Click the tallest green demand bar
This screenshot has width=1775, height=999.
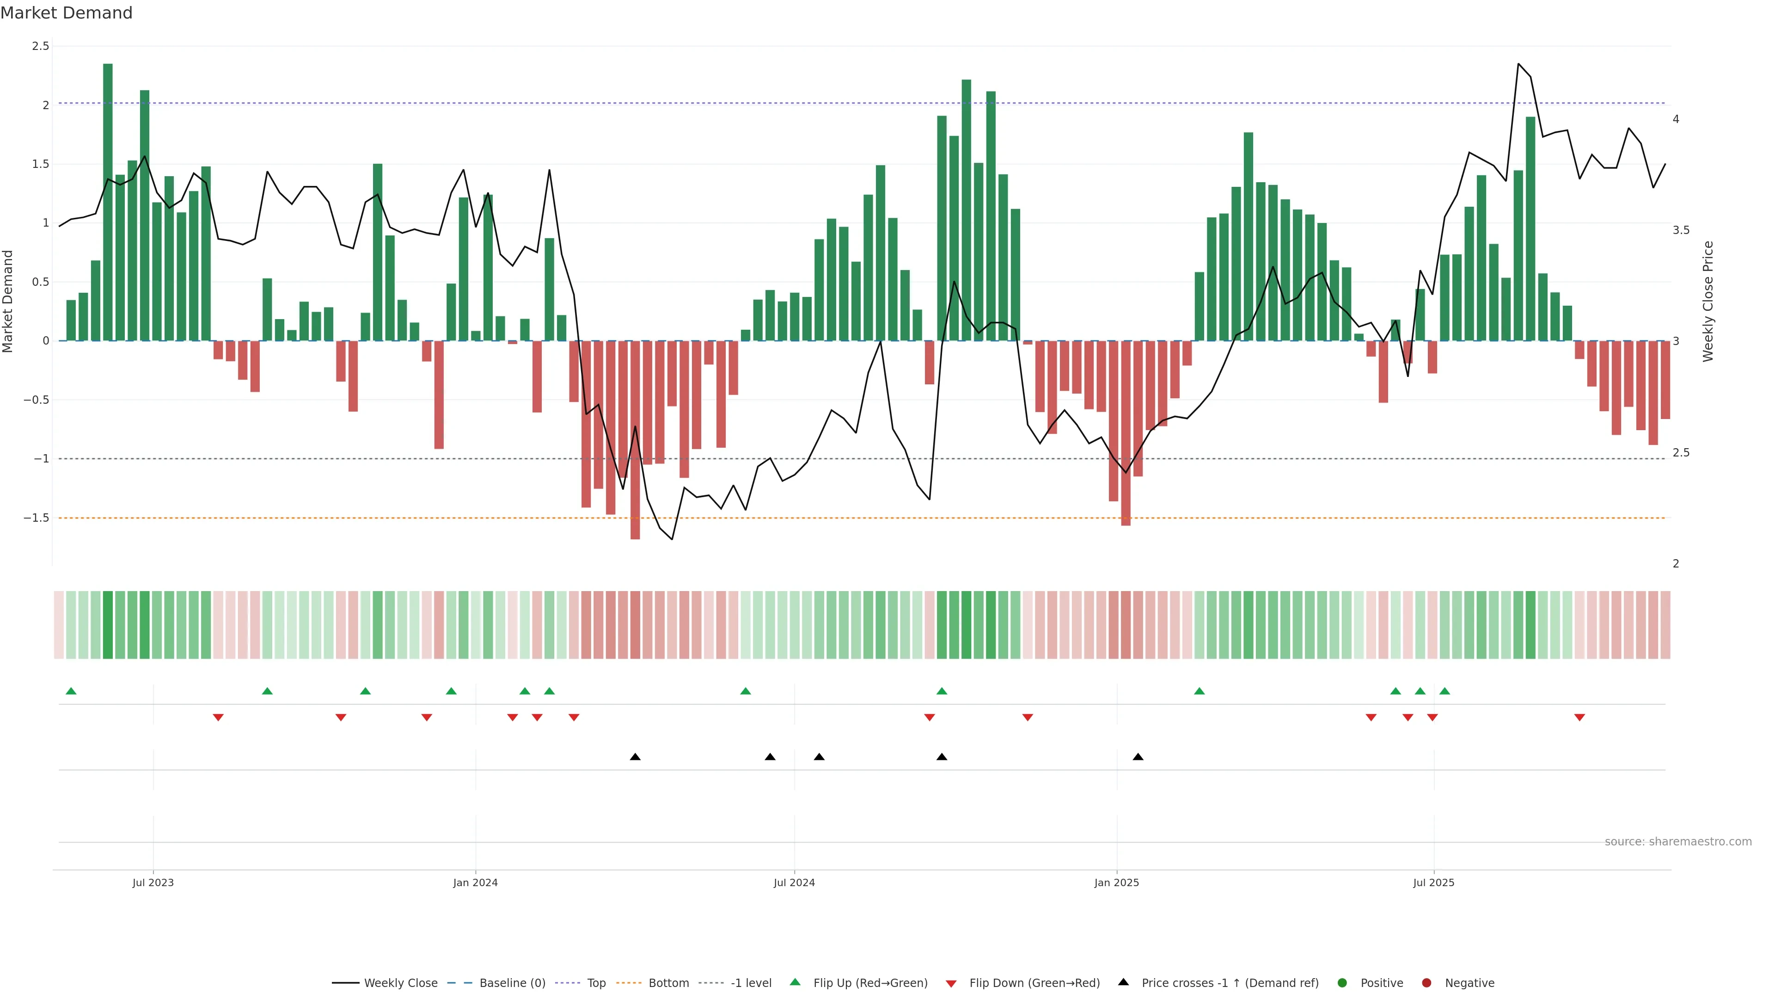click(108, 202)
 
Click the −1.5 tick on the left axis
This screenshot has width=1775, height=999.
click(37, 518)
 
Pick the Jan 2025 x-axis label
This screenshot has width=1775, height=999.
click(1116, 882)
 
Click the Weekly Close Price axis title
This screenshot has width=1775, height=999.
click(1708, 301)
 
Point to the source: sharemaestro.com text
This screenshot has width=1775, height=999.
click(1678, 842)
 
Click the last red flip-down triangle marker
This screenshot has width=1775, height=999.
click(1579, 718)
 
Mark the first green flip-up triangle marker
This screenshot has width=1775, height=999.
click(71, 691)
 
